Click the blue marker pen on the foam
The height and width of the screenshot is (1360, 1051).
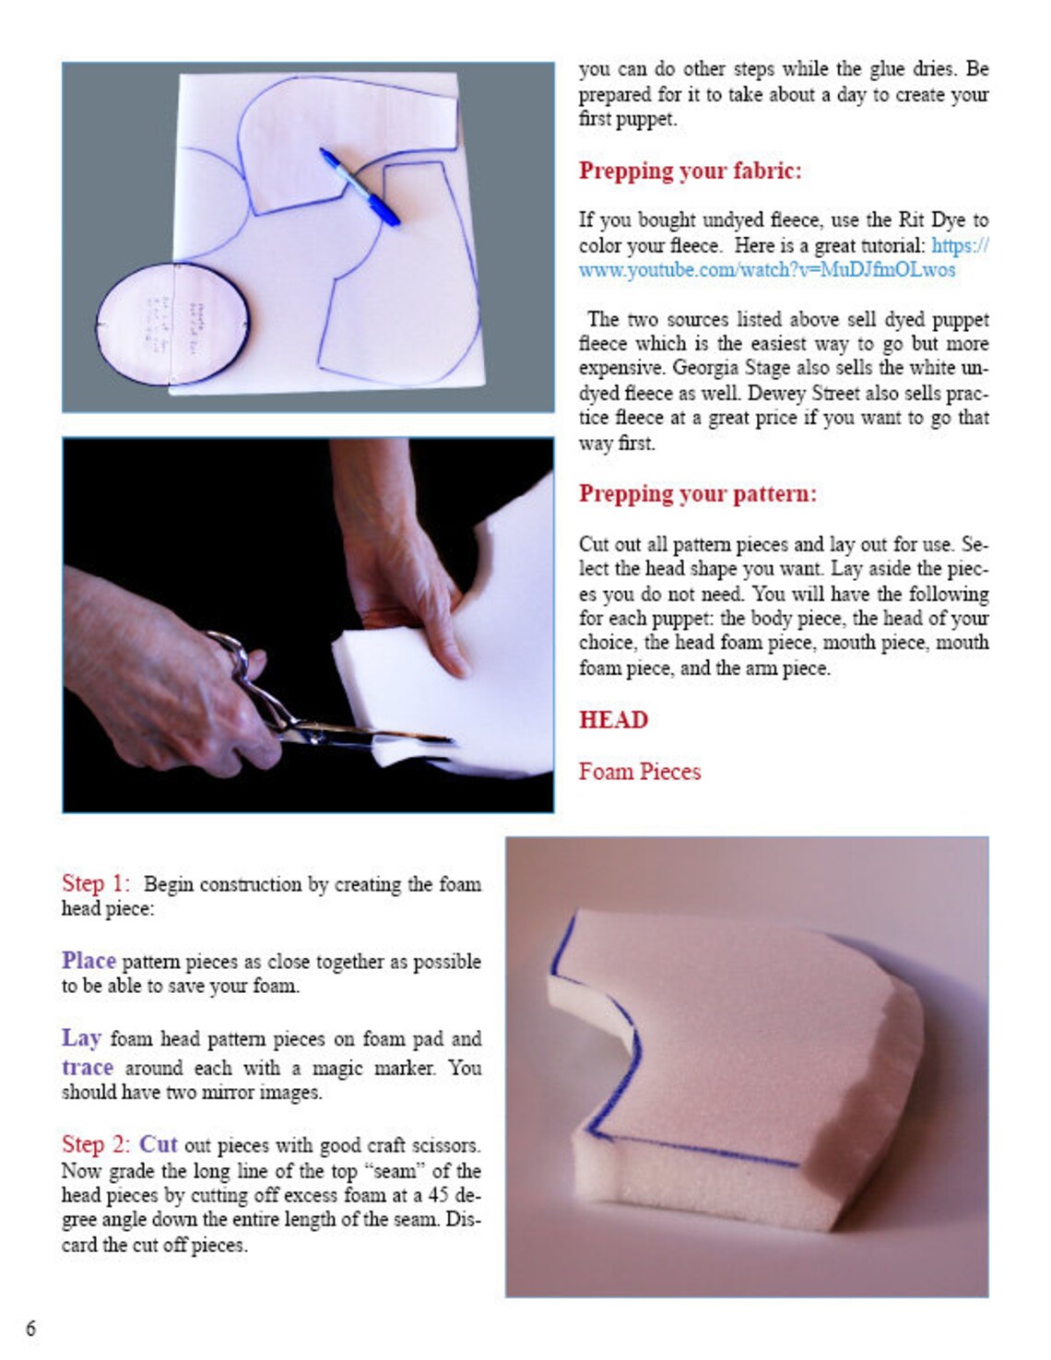(x=360, y=186)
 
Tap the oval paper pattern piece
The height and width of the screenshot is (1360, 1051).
(x=172, y=324)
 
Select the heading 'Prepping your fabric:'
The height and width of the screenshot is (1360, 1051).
(x=690, y=171)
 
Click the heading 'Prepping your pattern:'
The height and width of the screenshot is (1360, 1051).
(x=697, y=493)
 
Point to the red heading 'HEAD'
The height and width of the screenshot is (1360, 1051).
(x=613, y=719)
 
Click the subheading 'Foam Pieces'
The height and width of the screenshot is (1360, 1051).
(x=639, y=771)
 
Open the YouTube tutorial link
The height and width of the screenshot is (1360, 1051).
(x=766, y=270)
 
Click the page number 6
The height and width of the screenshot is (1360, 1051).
(x=30, y=1328)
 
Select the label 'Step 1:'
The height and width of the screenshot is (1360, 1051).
(x=96, y=883)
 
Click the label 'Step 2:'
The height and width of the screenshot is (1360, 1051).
(x=96, y=1144)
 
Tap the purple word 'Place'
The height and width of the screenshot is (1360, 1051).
(x=89, y=961)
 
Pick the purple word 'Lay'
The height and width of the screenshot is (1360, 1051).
(x=81, y=1038)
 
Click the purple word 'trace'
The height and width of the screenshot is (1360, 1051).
(x=88, y=1068)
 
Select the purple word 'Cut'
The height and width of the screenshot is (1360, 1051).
(x=158, y=1144)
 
